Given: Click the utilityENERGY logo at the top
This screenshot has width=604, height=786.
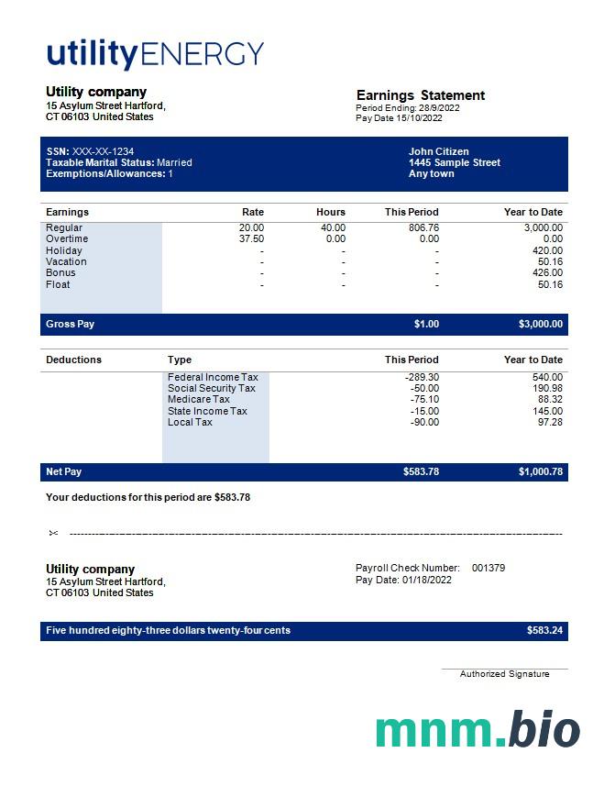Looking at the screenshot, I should pyautogui.click(x=155, y=54).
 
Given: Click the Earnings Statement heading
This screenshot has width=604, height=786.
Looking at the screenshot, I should pyautogui.click(x=420, y=95).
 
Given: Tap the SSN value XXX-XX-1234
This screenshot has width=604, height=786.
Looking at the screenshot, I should pyautogui.click(x=103, y=151).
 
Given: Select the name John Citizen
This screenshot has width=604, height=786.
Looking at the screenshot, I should pyautogui.click(x=438, y=151).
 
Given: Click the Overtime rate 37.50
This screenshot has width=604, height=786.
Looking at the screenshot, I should pyautogui.click(x=251, y=238).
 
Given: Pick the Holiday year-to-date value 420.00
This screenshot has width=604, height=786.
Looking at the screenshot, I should pyautogui.click(x=547, y=250).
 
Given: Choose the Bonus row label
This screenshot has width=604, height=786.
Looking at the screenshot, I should pyautogui.click(x=60, y=272).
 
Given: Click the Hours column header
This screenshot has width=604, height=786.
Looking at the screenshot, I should pyautogui.click(x=331, y=212).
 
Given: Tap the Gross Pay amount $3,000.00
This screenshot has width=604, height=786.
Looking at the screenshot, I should pyautogui.click(x=541, y=324).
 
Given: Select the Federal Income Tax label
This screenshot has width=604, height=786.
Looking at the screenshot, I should pyautogui.click(x=213, y=377).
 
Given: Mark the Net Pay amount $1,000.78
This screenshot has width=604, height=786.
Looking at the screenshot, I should pyautogui.click(x=541, y=471).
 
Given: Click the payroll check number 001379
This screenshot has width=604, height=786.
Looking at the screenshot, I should pyautogui.click(x=489, y=568).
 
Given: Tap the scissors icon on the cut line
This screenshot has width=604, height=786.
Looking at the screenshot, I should pyautogui.click(x=54, y=533).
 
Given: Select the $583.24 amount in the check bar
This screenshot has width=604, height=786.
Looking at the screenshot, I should pyautogui.click(x=544, y=631).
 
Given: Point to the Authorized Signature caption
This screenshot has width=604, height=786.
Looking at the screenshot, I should pyautogui.click(x=504, y=674).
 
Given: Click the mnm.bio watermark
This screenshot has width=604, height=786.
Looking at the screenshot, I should pyautogui.click(x=477, y=730).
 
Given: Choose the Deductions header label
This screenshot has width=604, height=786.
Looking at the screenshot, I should pyautogui.click(x=73, y=360).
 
